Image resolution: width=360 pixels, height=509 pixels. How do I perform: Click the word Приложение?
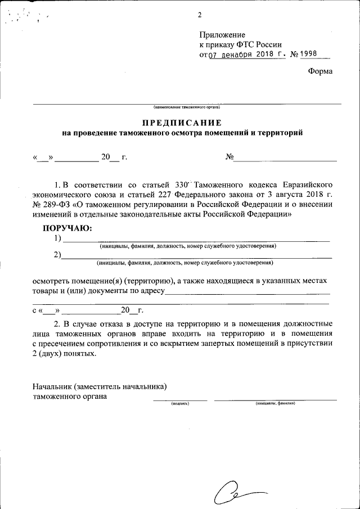tap(222, 35)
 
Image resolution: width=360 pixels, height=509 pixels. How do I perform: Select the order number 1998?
tap(309, 55)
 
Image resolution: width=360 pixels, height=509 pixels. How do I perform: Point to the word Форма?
tap(321, 71)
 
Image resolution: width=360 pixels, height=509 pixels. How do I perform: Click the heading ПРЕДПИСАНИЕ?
tap(182, 123)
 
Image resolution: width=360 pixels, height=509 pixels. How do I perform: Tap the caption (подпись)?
tap(180, 403)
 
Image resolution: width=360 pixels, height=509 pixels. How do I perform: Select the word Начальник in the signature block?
tap(52, 386)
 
